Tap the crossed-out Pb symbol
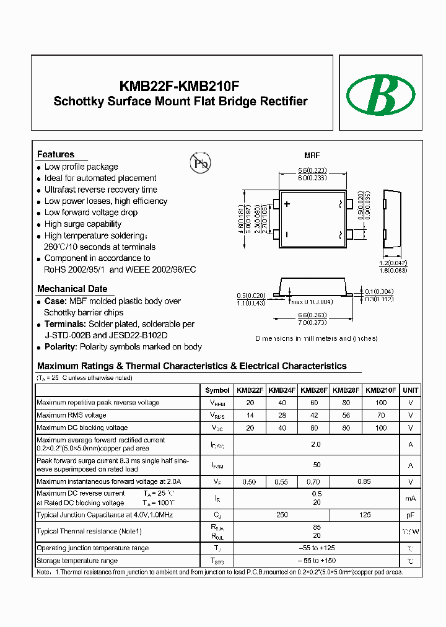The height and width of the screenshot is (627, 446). (x=199, y=164)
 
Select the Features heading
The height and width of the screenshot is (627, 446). (x=56, y=154)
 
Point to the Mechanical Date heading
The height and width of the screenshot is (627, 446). (x=72, y=289)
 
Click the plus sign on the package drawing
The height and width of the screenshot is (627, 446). (x=287, y=203)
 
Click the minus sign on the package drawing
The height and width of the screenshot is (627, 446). (x=287, y=234)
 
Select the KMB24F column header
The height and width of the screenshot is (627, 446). (x=282, y=390)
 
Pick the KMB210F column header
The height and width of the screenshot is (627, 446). (x=380, y=390)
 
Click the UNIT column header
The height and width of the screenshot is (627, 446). (x=410, y=390)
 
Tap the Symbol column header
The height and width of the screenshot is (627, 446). (x=217, y=390)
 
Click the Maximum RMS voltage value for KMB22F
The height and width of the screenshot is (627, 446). (x=250, y=415)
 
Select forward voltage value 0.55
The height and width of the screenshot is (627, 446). (x=282, y=481)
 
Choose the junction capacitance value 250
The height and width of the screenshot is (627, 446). (x=282, y=515)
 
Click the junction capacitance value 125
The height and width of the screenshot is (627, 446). (x=365, y=515)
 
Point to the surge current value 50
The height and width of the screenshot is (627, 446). (x=316, y=465)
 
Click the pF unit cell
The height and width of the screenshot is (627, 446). (x=410, y=515)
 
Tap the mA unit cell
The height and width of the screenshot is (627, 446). (x=410, y=498)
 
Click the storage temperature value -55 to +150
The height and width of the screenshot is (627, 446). (x=316, y=561)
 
